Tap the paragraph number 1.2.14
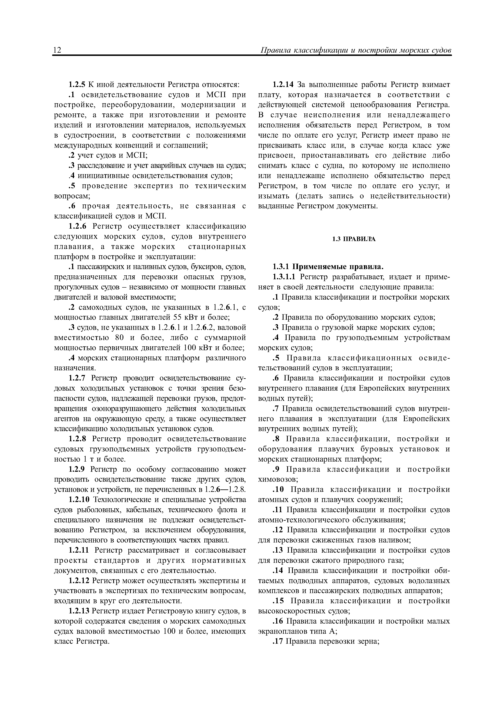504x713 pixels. click(283, 85)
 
